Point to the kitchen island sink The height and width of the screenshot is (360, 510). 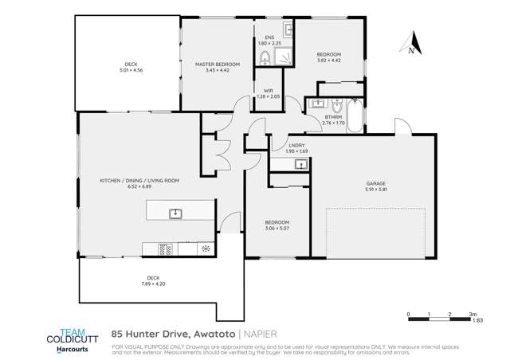coord(175,213)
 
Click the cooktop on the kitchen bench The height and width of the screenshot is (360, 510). coord(167,248)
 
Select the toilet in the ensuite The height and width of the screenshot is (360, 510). coord(264,56)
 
